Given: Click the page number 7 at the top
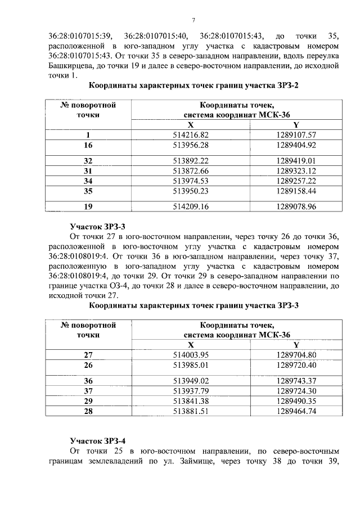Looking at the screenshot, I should [193, 20].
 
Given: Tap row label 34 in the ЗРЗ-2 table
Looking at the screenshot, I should [88, 181].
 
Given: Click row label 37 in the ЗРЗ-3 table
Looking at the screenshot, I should [88, 390].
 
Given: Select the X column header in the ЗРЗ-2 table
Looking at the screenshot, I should [191, 125].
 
